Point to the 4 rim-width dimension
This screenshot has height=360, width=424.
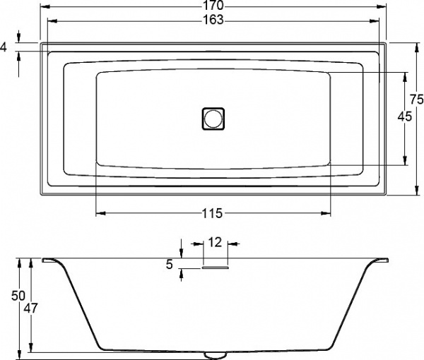(x=4, y=47)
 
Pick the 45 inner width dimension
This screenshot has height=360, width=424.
(x=404, y=117)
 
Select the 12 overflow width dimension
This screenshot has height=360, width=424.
(x=216, y=242)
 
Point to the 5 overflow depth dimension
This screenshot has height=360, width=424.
(x=169, y=265)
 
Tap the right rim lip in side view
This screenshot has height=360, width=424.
(x=380, y=260)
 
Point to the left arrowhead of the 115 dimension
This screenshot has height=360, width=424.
(x=98, y=213)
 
